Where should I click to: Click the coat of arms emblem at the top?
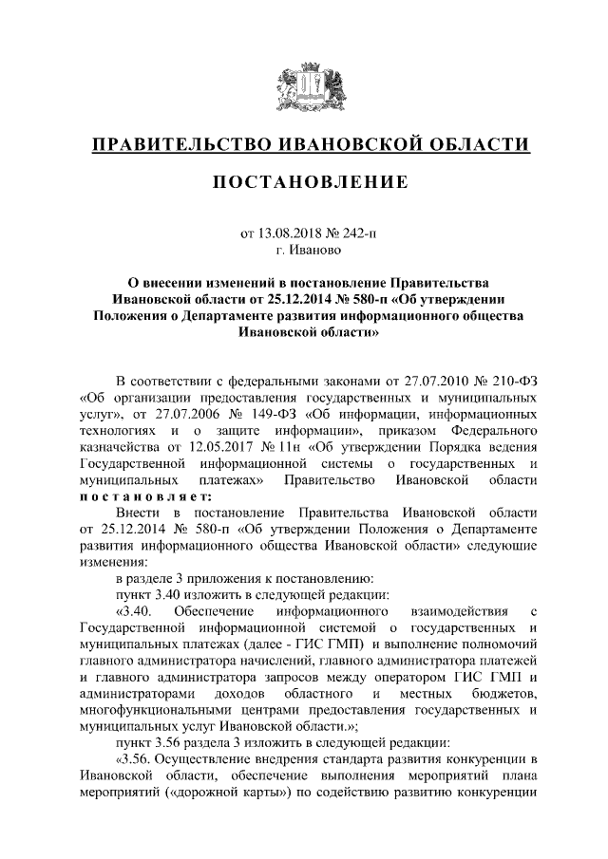(303, 82)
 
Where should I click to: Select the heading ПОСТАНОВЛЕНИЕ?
(303, 181)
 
